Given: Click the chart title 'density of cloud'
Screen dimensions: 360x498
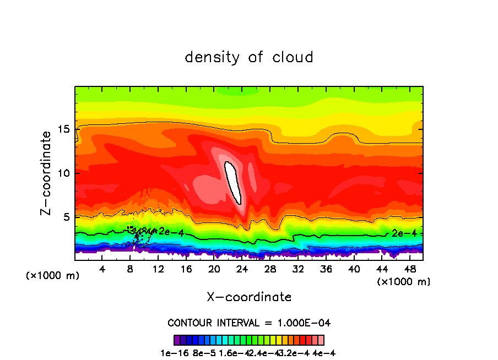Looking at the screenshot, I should [249, 57].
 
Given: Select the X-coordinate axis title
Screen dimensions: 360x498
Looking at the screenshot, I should [249, 297].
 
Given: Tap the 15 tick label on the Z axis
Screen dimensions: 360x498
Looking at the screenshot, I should [65, 130].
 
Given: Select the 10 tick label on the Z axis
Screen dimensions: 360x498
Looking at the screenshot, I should [65, 173].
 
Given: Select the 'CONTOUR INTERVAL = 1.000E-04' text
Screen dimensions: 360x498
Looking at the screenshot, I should [249, 323].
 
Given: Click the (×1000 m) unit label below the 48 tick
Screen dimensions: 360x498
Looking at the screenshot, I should [404, 282].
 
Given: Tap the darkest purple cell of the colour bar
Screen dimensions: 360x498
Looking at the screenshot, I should [177, 340].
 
